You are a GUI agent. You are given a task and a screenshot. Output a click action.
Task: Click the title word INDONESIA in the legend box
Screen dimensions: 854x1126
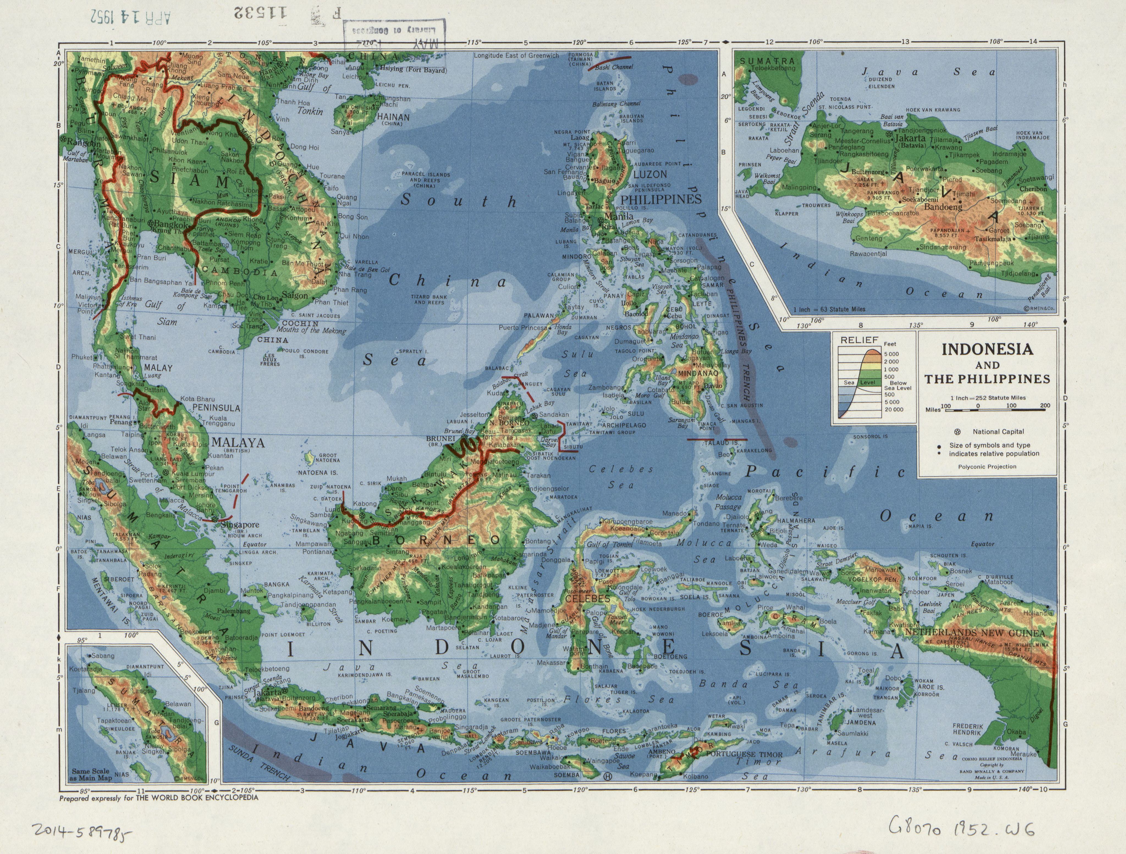tap(987, 349)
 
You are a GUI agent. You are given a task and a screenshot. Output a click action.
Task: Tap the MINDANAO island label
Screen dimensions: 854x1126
tap(697, 373)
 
